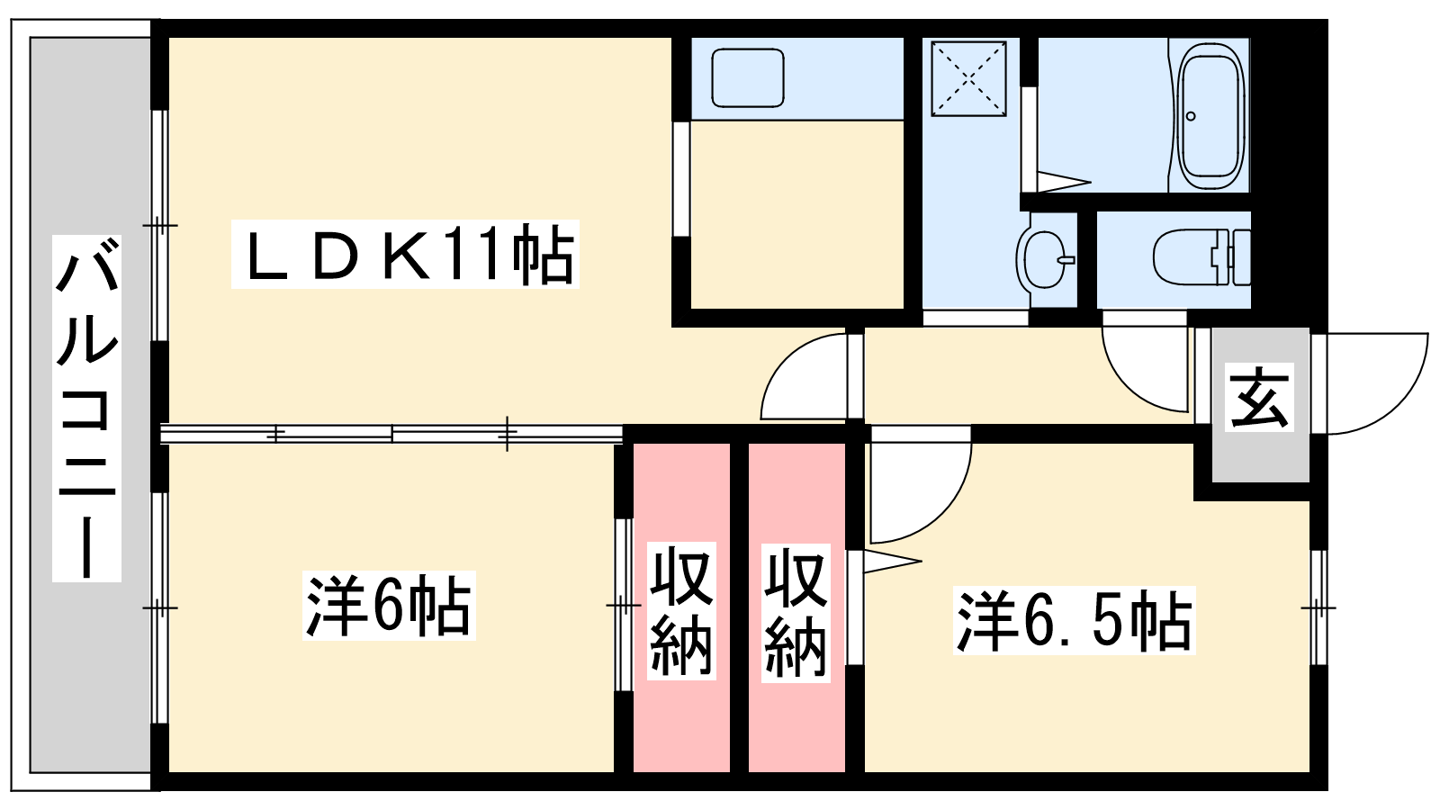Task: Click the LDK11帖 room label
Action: click(405, 254)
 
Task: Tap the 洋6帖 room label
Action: click(389, 606)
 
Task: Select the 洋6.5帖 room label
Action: click(1075, 621)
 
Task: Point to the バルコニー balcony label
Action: click(86, 409)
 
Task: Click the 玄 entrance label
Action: click(1259, 397)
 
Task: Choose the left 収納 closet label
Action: click(681, 611)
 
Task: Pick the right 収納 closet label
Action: click(796, 613)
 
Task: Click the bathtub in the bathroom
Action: click(1210, 115)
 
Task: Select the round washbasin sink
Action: click(1046, 260)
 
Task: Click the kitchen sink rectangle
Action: click(748, 77)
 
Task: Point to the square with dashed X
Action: click(968, 79)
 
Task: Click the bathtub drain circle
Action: click(1191, 116)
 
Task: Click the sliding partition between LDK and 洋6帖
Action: click(391, 434)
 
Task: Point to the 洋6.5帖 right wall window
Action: click(1318, 607)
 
